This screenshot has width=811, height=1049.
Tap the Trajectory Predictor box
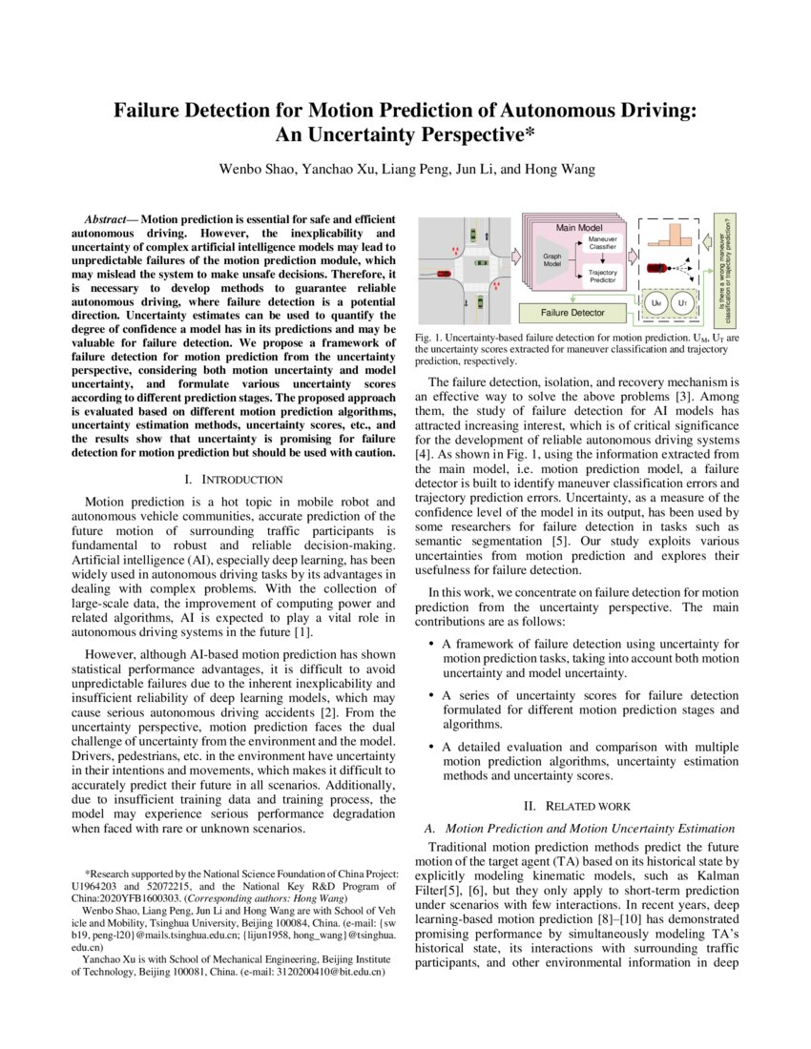coord(602,277)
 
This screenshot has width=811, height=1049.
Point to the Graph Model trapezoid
coord(551,259)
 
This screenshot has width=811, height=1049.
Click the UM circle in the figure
coord(655,303)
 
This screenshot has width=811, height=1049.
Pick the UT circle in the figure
coord(681,303)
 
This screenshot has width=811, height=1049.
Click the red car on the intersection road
coord(444,273)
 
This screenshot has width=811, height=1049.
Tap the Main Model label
coord(579,227)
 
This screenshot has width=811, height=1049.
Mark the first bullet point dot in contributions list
coord(432,646)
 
